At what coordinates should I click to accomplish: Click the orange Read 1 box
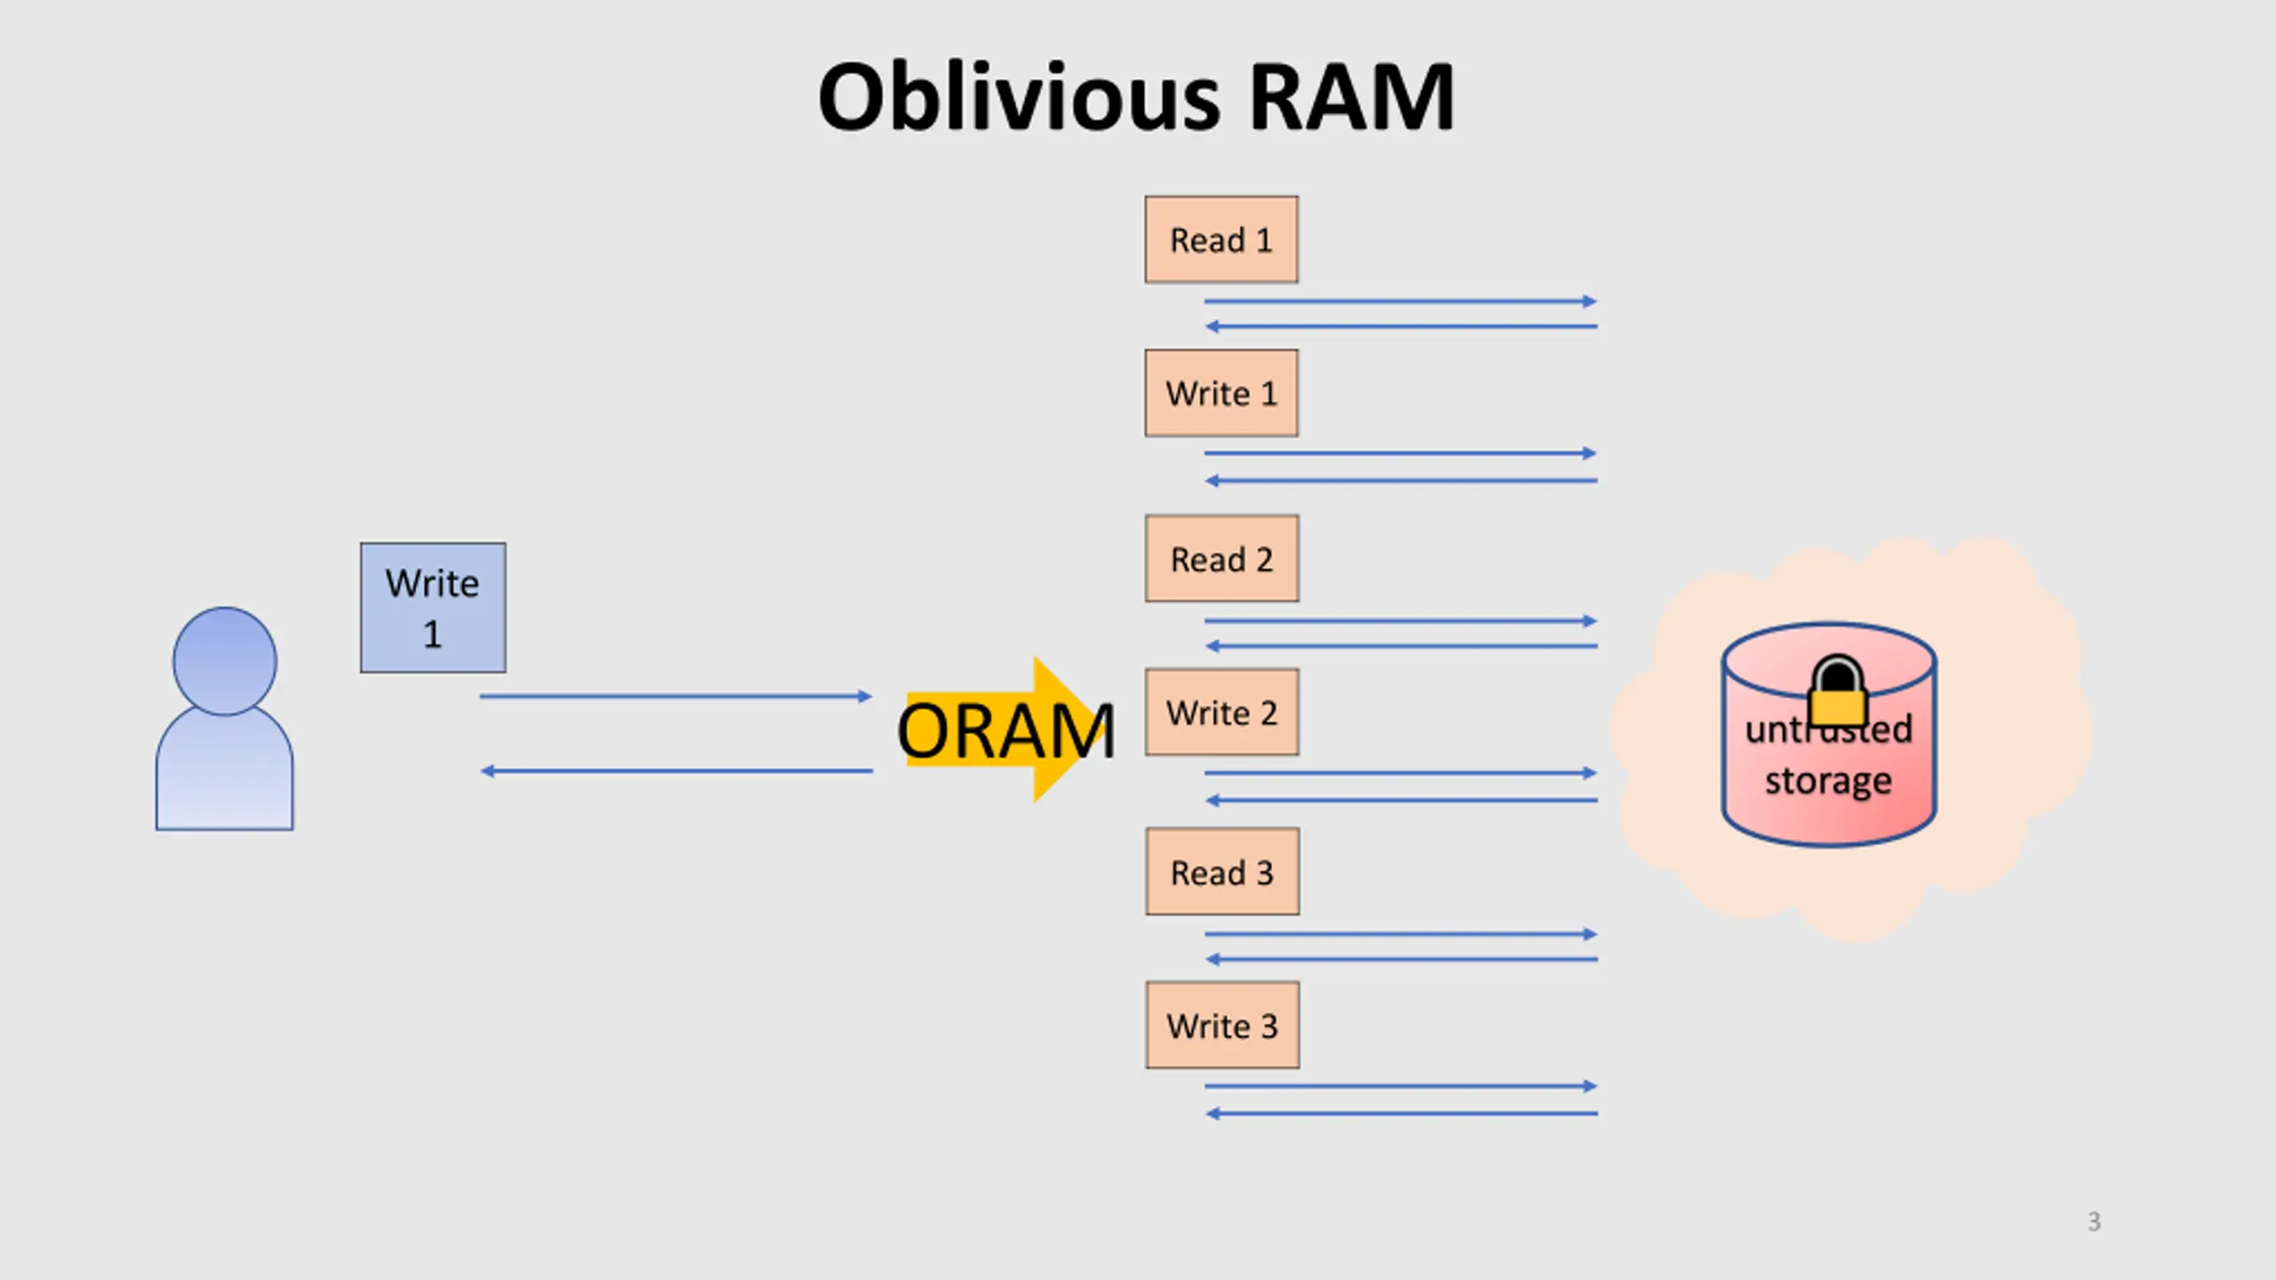coord(1221,239)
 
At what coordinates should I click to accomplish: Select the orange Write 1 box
coord(1221,393)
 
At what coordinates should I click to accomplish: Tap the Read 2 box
coord(1222,558)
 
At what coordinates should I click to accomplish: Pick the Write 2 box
coord(1222,712)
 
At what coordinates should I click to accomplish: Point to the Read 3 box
coord(1222,872)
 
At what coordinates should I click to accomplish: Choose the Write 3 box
coord(1222,1025)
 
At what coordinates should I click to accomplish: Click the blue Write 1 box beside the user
coord(433,608)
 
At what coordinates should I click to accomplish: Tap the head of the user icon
coord(224,661)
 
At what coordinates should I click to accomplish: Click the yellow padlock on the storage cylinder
coord(1837,692)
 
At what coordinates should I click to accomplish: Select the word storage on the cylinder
coord(1828,781)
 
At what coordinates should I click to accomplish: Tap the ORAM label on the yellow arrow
coord(1006,731)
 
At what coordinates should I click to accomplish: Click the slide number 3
coord(2094,1221)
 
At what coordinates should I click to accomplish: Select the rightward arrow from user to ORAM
coord(676,696)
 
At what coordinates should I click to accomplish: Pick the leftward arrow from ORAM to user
coord(676,771)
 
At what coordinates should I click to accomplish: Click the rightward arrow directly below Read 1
coord(1400,301)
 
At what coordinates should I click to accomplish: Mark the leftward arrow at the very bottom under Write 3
coord(1401,1113)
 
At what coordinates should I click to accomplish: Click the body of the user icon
coord(224,770)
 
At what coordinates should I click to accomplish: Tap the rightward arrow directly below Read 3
coord(1401,934)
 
